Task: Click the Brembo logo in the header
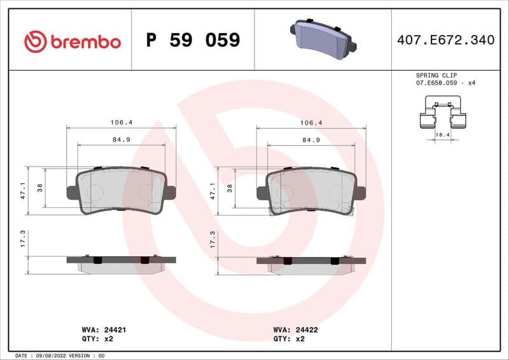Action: coord(72,41)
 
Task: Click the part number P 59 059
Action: coord(193,40)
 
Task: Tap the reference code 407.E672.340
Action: coord(445,40)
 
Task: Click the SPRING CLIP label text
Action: coord(436,75)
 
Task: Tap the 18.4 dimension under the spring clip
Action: coord(442,135)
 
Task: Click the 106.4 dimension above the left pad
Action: coord(121,122)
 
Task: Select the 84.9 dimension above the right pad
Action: coord(310,139)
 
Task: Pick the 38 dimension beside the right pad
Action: coord(230,188)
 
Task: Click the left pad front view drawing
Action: coord(121,191)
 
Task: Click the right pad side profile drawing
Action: coord(311,264)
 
